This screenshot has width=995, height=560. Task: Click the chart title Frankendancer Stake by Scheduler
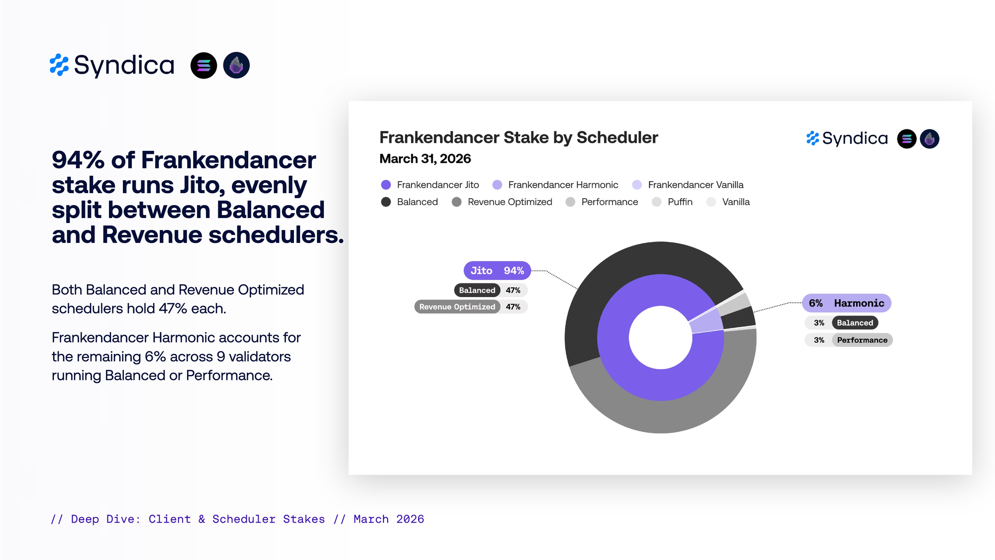[518, 137]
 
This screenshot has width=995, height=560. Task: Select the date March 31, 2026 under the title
[425, 159]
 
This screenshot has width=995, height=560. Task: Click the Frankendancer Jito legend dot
[386, 185]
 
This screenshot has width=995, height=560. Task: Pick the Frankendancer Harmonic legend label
[563, 185]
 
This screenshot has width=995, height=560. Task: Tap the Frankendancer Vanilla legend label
[696, 185]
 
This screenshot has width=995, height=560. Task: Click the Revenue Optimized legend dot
[457, 202]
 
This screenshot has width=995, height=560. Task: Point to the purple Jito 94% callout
[497, 270]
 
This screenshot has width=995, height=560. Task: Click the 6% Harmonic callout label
[846, 303]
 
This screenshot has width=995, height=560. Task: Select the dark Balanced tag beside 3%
[855, 323]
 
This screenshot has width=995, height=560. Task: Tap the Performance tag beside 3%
[862, 340]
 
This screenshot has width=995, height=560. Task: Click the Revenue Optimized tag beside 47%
[457, 307]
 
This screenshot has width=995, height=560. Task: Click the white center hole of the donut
[661, 337]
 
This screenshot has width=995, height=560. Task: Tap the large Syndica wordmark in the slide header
[124, 65]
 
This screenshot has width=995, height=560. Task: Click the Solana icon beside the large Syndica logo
[204, 65]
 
